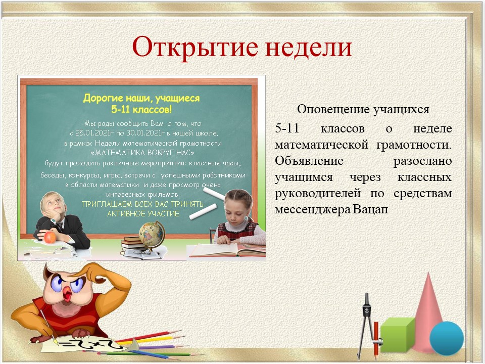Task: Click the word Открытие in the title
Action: click(x=195, y=48)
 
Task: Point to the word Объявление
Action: click(x=309, y=161)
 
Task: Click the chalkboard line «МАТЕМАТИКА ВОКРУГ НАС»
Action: click(x=142, y=153)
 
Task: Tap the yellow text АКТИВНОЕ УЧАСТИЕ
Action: click(x=143, y=214)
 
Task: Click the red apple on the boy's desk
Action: click(x=50, y=238)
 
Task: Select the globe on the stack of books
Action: click(x=151, y=236)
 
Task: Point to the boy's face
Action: click(x=53, y=204)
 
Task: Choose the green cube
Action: click(x=398, y=336)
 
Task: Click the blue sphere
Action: click(x=446, y=338)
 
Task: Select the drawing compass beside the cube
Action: click(x=368, y=325)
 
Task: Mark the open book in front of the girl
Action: click(x=227, y=250)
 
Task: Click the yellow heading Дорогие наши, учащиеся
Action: click(x=141, y=99)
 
